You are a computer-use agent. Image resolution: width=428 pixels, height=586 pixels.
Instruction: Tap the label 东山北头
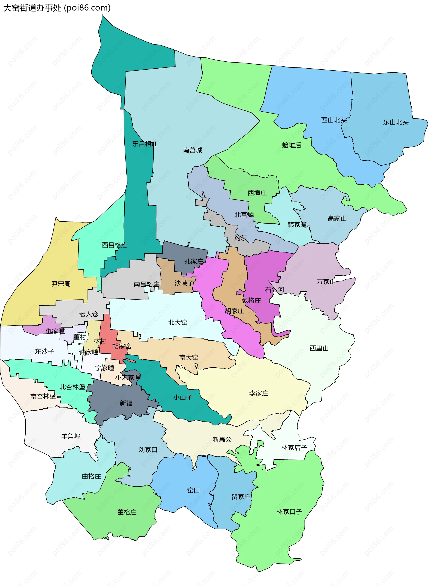point(395,122)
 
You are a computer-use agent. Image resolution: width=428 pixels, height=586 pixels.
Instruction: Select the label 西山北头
point(334,120)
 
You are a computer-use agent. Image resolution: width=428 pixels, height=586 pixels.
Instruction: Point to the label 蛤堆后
point(292,145)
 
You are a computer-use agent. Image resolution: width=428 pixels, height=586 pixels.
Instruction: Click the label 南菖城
point(193,150)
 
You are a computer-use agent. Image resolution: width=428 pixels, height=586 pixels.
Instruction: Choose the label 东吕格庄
point(145,144)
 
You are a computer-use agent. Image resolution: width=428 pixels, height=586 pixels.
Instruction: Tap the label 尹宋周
point(61,284)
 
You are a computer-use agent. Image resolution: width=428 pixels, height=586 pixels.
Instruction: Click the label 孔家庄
point(194,261)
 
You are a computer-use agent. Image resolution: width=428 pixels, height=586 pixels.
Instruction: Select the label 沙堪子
point(184,283)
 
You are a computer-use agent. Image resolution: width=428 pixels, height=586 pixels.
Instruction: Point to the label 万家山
point(326,281)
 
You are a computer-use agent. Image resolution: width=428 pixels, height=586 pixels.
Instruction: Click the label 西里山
point(319,348)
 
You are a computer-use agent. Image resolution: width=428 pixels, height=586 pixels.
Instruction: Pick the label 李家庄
point(259,393)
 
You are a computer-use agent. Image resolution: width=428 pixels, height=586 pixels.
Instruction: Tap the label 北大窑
point(177,322)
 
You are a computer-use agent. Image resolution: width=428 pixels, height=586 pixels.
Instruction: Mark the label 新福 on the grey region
point(126,403)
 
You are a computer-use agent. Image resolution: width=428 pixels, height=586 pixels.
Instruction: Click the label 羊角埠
point(71,436)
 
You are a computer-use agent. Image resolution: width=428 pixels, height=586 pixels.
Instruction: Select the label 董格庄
point(127,512)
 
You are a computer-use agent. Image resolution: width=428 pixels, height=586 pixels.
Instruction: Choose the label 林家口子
point(289,511)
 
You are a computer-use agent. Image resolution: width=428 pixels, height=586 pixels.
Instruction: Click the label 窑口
point(193,490)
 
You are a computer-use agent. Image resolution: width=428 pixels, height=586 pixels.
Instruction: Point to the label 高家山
point(337,219)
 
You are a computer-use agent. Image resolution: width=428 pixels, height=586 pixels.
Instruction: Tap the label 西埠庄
point(257,193)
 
